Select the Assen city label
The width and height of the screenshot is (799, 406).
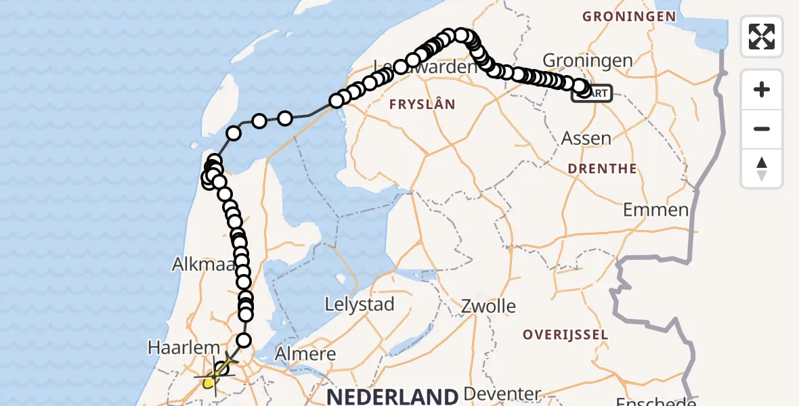(586, 138)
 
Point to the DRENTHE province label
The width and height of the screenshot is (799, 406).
(603, 168)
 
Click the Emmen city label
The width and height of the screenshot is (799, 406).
(655, 209)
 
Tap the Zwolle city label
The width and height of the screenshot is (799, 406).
(488, 306)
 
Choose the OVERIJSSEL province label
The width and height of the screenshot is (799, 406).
(565, 334)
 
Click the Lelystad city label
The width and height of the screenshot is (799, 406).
(360, 304)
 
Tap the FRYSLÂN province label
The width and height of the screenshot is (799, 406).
(421, 104)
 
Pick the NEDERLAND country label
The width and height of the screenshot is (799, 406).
(393, 396)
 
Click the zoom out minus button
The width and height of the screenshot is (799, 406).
(762, 129)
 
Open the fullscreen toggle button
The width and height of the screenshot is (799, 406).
(762, 37)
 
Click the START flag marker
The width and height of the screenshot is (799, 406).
(593, 93)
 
